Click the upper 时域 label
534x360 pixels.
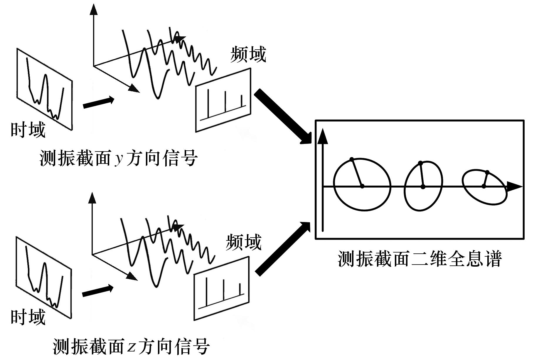(x=28, y=130)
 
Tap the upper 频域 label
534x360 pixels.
(x=248, y=54)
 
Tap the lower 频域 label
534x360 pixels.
(x=244, y=242)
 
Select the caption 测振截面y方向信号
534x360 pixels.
(x=119, y=158)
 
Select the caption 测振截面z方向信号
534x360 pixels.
(x=131, y=346)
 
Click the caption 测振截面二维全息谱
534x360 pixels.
(x=420, y=258)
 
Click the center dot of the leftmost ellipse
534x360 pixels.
(x=362, y=186)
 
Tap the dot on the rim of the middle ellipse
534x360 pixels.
(x=420, y=163)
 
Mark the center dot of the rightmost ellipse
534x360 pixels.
(x=484, y=186)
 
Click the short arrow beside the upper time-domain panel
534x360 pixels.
(x=98, y=103)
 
